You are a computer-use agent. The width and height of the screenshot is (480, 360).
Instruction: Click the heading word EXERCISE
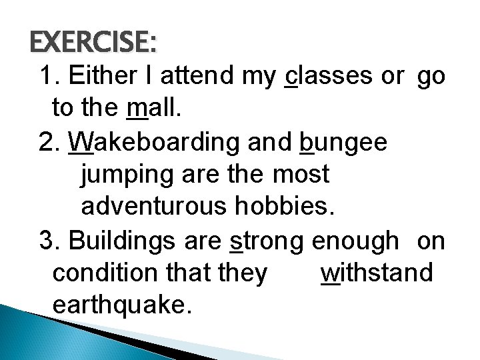(x=93, y=43)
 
